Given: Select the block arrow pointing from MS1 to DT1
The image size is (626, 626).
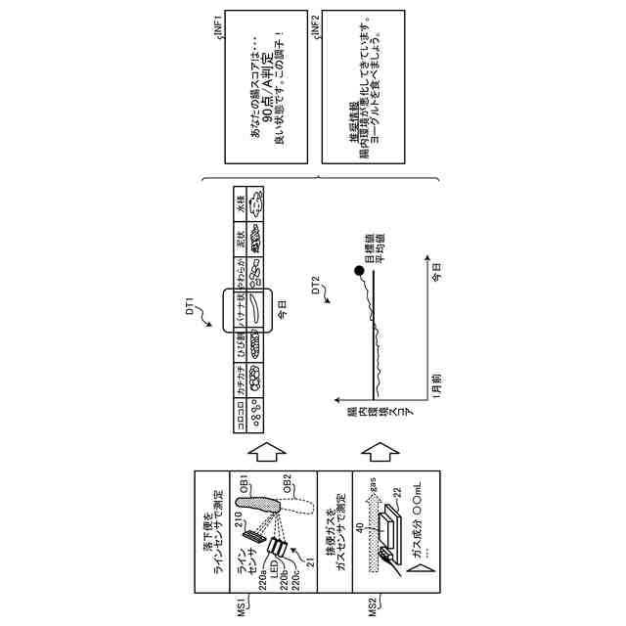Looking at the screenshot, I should [265, 451].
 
